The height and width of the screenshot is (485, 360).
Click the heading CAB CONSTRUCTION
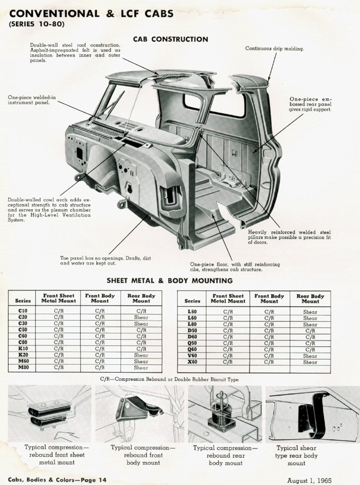[x=171, y=39]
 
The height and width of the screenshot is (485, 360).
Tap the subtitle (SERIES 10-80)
[x=37, y=24]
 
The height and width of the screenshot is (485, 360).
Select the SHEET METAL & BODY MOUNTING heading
[x=169, y=281]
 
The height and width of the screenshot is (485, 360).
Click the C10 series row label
[x=23, y=311]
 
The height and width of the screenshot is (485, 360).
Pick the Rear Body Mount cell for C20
[x=141, y=317]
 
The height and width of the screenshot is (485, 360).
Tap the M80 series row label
[x=23, y=367]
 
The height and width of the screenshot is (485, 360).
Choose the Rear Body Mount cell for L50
[x=310, y=311]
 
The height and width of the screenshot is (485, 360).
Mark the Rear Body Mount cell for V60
[x=310, y=356]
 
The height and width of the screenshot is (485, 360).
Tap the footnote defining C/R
[x=170, y=380]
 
